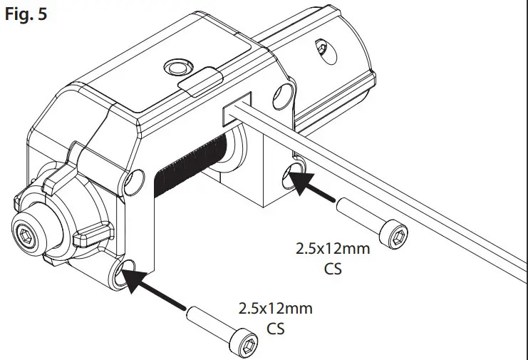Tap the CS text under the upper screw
[x=328, y=269]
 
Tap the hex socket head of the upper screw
[x=395, y=234]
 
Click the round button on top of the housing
[x=174, y=67]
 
